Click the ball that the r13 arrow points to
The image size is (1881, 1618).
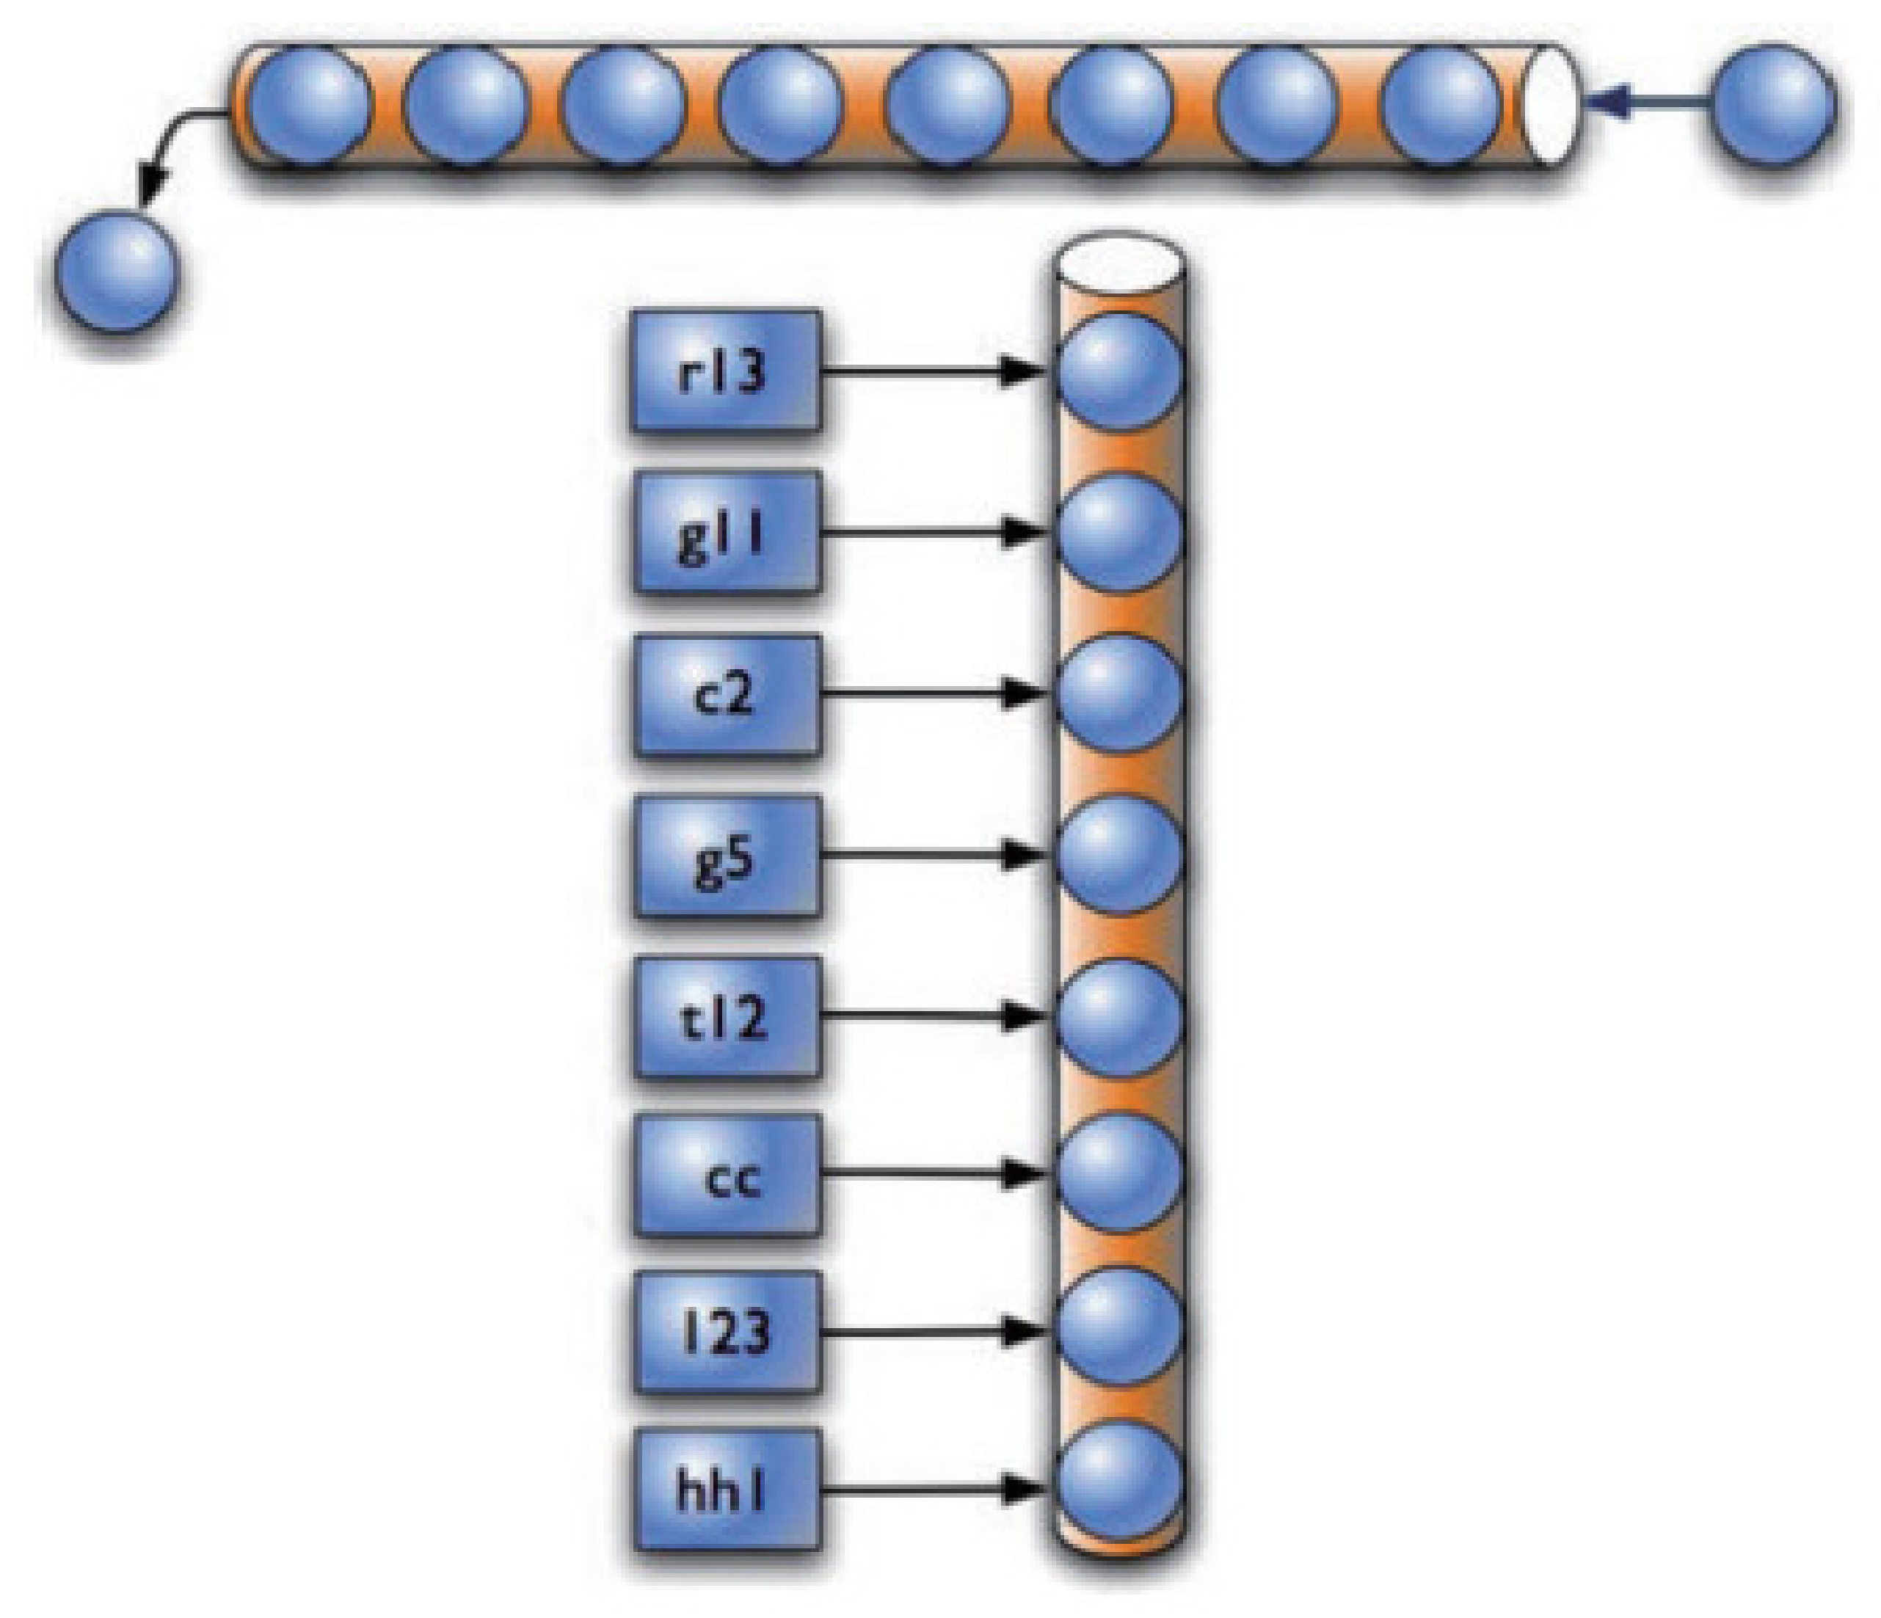coord(1120,372)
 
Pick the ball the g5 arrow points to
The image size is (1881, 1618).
coord(1120,855)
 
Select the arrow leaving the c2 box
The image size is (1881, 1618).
coord(935,694)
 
